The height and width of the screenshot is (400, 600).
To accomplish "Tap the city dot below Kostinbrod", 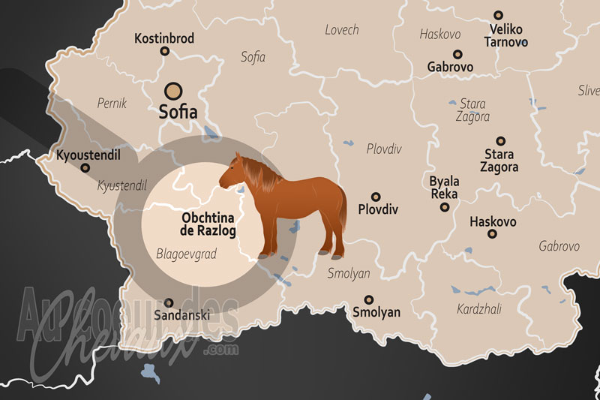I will click(165, 52).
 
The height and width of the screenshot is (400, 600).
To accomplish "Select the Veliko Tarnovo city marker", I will click(498, 15).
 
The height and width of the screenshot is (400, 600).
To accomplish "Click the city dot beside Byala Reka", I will click(445, 207).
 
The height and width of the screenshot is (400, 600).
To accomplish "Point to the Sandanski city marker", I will click(168, 302).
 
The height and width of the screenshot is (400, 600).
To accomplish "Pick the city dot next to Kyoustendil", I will click(84, 167).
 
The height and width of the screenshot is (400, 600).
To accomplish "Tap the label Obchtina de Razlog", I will click(208, 224).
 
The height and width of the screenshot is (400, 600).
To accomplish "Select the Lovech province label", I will click(341, 30).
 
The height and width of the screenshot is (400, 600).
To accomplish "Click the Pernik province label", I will click(112, 102).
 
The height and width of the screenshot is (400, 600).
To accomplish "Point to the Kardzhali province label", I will click(479, 308).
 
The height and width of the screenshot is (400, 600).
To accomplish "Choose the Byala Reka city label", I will click(444, 188).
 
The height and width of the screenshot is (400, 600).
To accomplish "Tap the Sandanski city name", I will click(180, 315).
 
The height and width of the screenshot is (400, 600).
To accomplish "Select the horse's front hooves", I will click(266, 254).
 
